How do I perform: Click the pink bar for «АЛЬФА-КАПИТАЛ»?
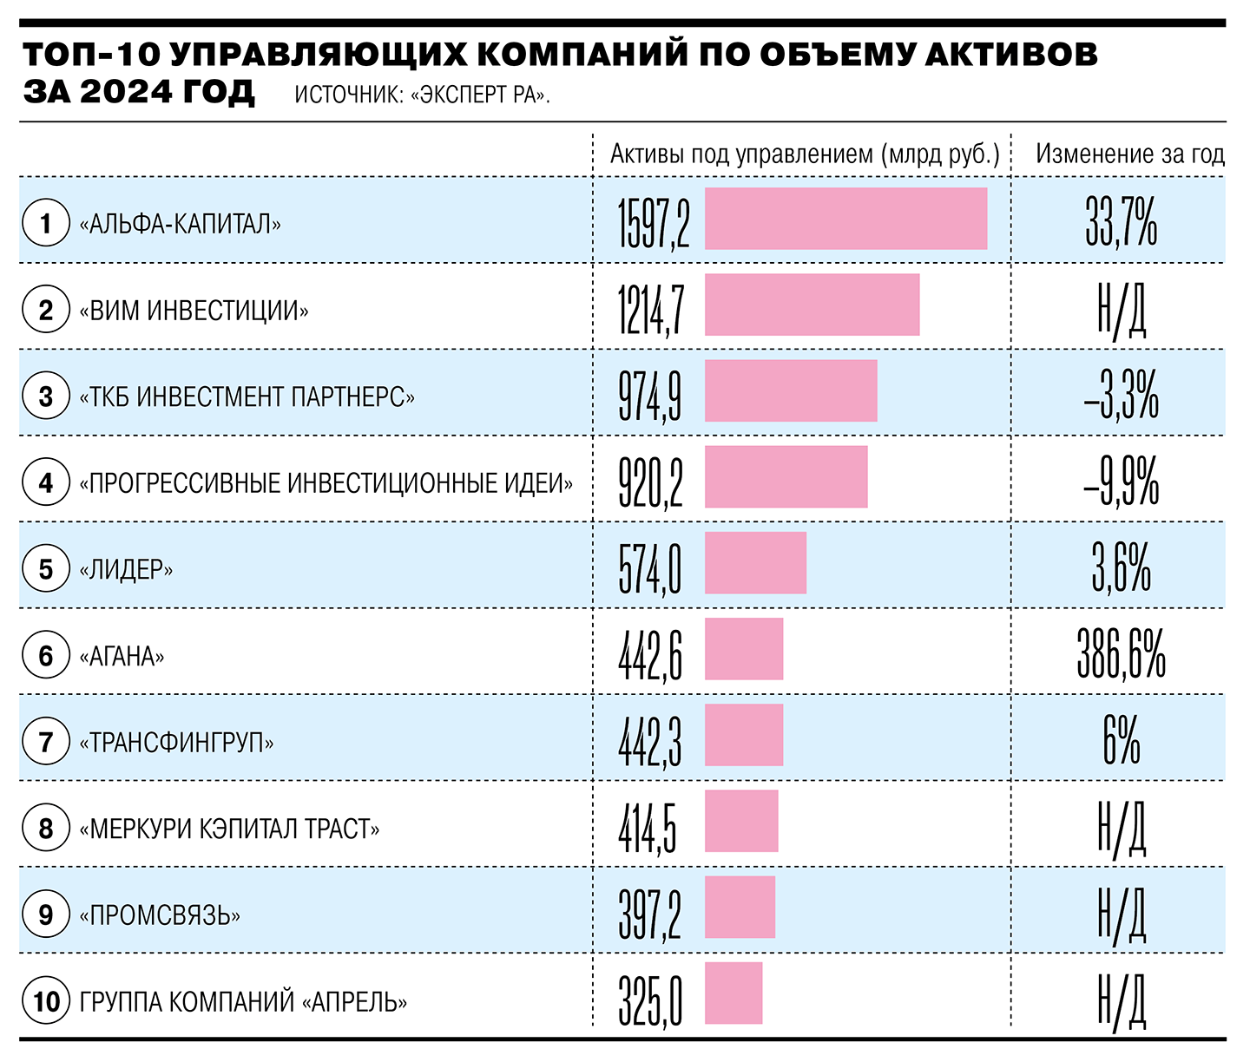[845, 219]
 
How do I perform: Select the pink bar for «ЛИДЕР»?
[755, 563]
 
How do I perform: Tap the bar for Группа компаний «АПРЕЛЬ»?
[734, 993]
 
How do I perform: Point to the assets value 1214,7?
[651, 310]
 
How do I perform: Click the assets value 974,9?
[649, 396]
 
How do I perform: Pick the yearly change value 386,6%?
[1121, 655]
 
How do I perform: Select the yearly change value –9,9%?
[1121, 482]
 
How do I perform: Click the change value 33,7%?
[1121, 223]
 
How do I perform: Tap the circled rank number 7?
[46, 742]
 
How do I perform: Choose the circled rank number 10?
[46, 1001]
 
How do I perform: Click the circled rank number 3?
[46, 397]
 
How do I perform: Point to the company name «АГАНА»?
[122, 656]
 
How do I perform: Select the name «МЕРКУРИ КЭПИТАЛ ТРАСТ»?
[229, 829]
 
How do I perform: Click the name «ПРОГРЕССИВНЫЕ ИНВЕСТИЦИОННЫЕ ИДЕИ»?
[326, 483]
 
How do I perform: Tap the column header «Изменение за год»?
[1129, 154]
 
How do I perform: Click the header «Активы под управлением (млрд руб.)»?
[805, 154]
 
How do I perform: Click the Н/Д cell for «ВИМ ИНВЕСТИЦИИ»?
[1121, 310]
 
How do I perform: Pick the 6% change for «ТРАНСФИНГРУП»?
[1121, 742]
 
